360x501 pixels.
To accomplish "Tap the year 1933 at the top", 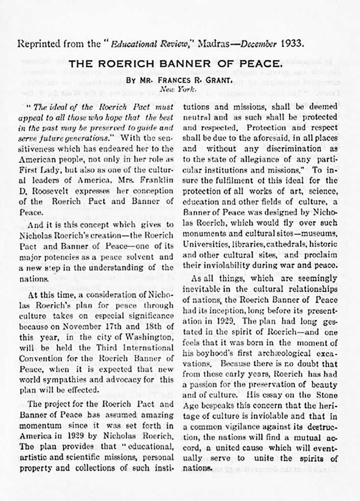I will [x=292, y=43].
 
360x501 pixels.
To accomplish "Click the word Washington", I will [x=149, y=334].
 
